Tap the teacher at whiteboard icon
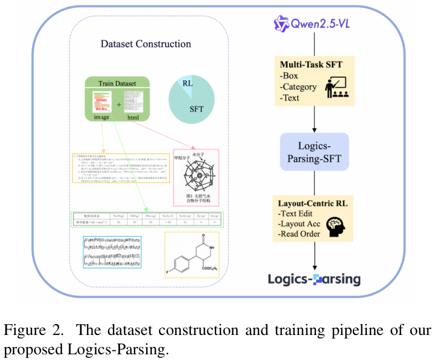(x=335, y=87)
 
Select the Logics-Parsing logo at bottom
(x=314, y=279)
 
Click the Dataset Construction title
(x=146, y=44)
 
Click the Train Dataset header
(x=117, y=83)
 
